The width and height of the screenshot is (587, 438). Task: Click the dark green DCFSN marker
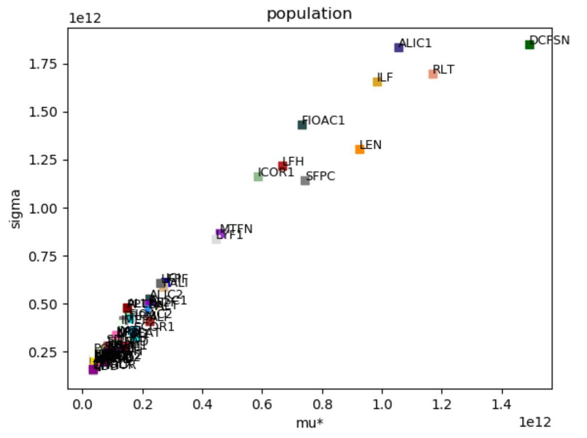pyautogui.click(x=529, y=45)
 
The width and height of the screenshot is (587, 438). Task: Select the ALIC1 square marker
pyautogui.click(x=398, y=47)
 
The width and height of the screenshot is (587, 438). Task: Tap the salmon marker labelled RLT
pyautogui.click(x=433, y=74)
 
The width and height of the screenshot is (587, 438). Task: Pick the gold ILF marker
pyautogui.click(x=377, y=82)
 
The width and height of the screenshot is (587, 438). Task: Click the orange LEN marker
pyautogui.click(x=360, y=149)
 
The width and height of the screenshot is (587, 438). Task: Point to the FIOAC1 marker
pyautogui.click(x=302, y=125)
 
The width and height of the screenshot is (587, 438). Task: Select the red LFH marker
pyautogui.click(x=283, y=166)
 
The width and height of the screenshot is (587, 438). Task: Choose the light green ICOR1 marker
pyautogui.click(x=258, y=176)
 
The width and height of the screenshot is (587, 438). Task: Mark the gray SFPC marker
pyautogui.click(x=305, y=181)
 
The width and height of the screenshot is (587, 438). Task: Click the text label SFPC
pyautogui.click(x=321, y=176)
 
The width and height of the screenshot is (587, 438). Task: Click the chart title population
pyautogui.click(x=309, y=14)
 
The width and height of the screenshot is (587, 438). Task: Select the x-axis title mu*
pyautogui.click(x=309, y=423)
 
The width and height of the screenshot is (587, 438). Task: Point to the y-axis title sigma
pyautogui.click(x=16, y=209)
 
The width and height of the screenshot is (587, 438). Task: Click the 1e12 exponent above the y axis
pyautogui.click(x=84, y=19)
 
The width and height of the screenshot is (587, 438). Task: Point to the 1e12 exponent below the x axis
pyautogui.click(x=535, y=422)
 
